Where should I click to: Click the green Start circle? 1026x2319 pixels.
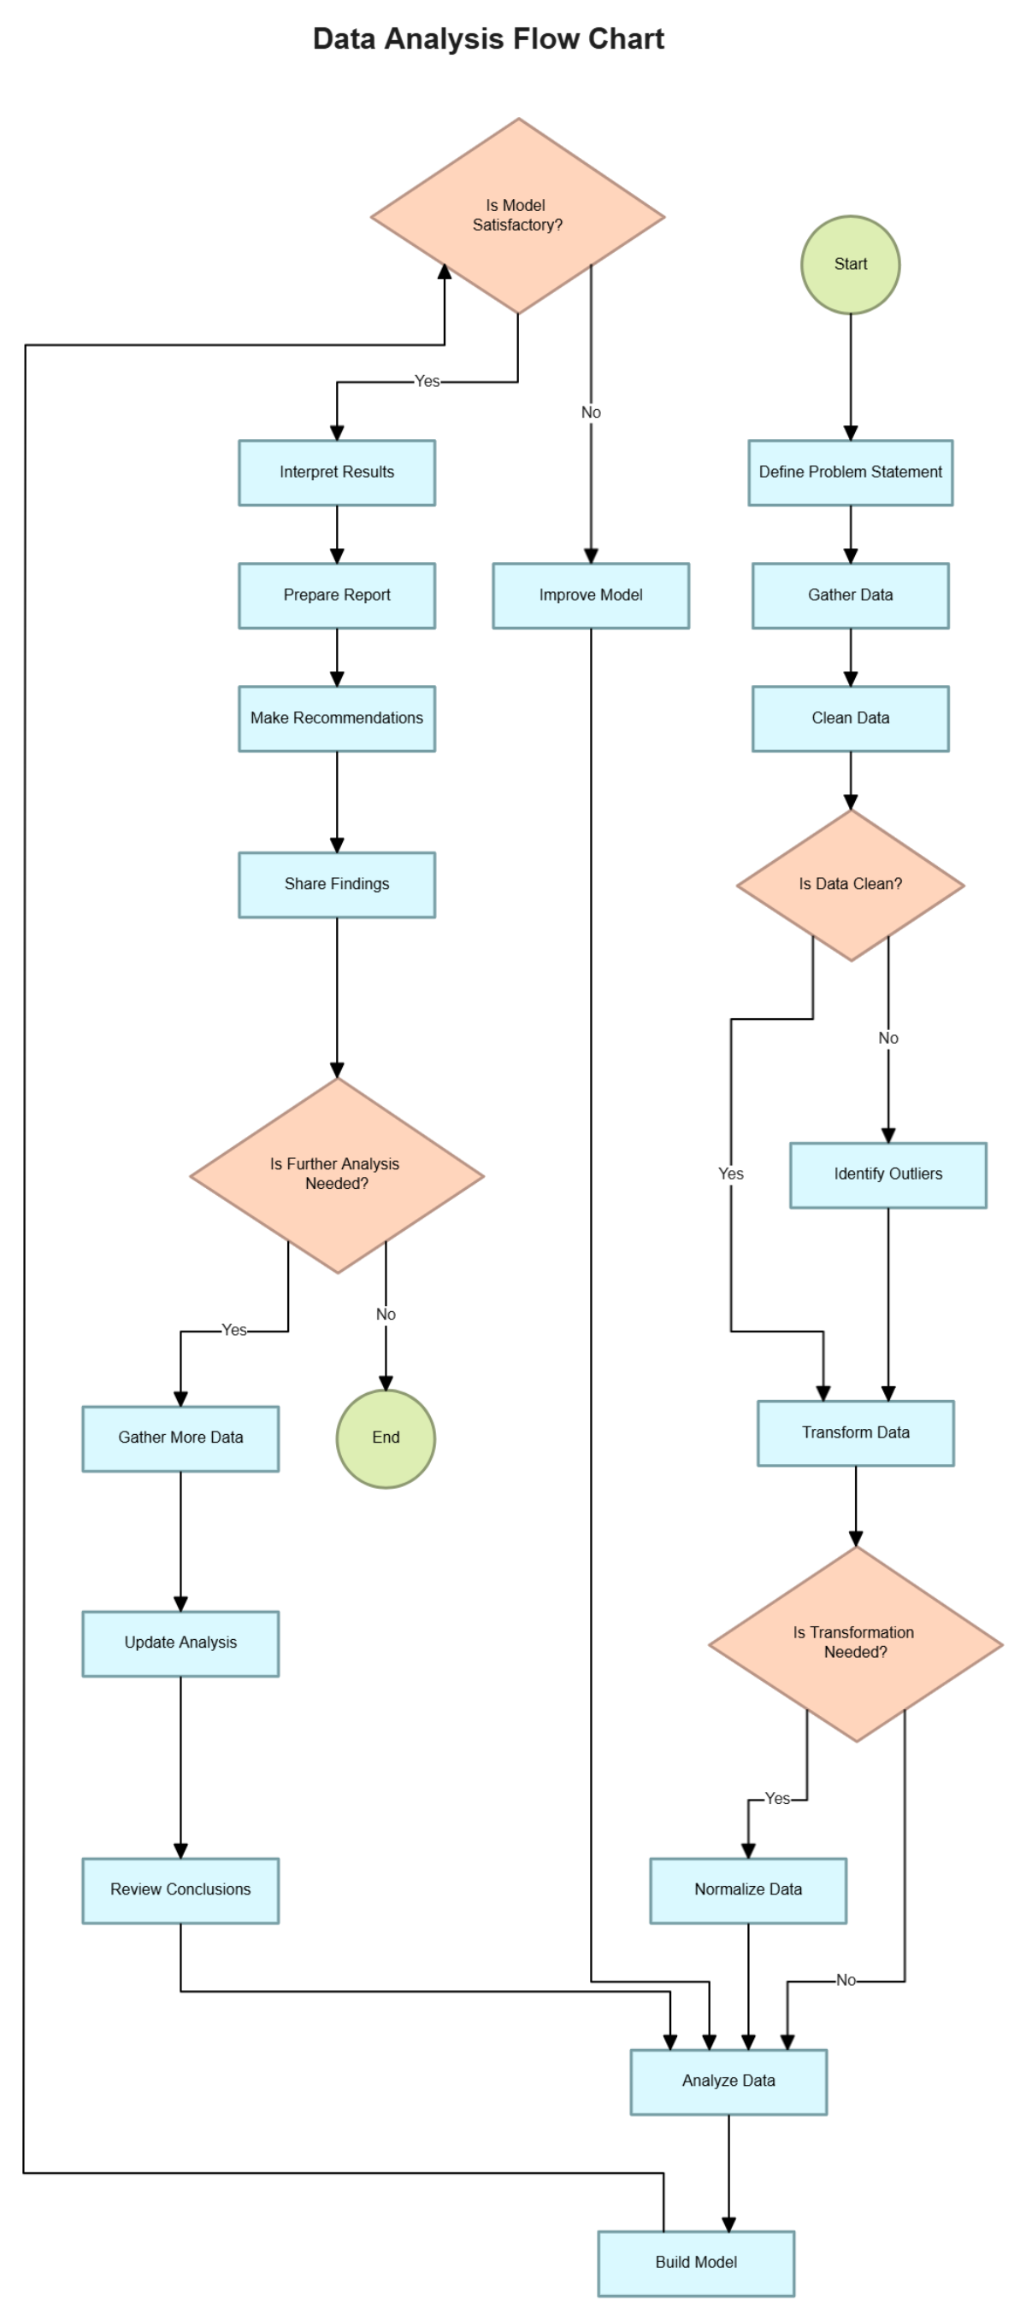pyautogui.click(x=850, y=264)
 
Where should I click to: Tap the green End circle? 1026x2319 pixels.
pyautogui.click(x=386, y=1438)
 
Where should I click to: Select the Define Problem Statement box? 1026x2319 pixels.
pyautogui.click(x=850, y=471)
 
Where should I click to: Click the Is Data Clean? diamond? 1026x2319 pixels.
pyautogui.click(x=850, y=884)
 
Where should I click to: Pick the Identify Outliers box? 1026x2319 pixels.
pyautogui.click(x=887, y=1174)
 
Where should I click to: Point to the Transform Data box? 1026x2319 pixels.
pyautogui.click(x=855, y=1432)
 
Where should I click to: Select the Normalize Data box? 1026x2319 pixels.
pyautogui.click(x=747, y=1889)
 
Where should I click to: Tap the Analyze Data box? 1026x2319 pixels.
pyautogui.click(x=728, y=2082)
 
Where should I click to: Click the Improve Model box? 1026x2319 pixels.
pyautogui.click(x=590, y=595)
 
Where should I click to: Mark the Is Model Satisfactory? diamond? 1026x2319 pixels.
pyautogui.click(x=517, y=215)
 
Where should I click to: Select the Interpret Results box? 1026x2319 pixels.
pyautogui.click(x=336, y=471)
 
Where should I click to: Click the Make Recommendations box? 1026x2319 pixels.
pyautogui.click(x=336, y=717)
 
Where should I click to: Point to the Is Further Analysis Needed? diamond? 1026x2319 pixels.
pyautogui.click(x=336, y=1174)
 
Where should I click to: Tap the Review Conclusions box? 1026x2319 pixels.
pyautogui.click(x=180, y=1889)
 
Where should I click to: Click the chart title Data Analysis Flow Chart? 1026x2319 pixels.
pyautogui.click(x=487, y=38)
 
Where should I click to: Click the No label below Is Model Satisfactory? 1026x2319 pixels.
pyautogui.click(x=590, y=413)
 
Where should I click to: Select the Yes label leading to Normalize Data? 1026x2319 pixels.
pyautogui.click(x=776, y=1799)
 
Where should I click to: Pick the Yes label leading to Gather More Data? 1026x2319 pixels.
pyautogui.click(x=233, y=1330)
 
